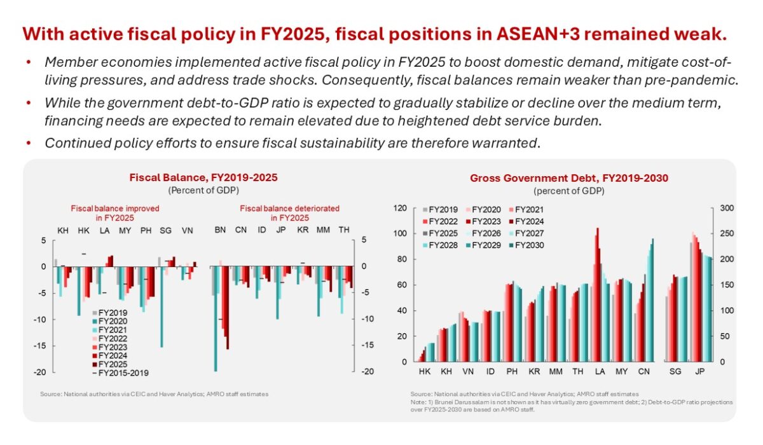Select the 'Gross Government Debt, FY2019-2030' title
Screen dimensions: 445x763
(x=569, y=178)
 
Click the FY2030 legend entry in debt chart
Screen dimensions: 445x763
(x=527, y=245)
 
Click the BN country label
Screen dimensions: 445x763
(x=220, y=229)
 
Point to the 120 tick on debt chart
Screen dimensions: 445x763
(x=399, y=208)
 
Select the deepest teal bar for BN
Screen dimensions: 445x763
(x=215, y=318)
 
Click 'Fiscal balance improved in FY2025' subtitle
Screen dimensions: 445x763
(x=115, y=212)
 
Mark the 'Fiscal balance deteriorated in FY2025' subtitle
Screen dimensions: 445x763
(x=289, y=212)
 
